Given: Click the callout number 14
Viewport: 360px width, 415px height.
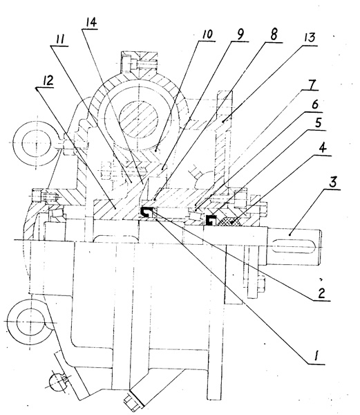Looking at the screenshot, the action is pyautogui.click(x=89, y=23).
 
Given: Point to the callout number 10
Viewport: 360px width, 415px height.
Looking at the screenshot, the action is pyautogui.click(x=207, y=34).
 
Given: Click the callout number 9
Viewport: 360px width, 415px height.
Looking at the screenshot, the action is pyautogui.click(x=240, y=35).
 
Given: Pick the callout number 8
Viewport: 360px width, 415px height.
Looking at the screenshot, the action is pyautogui.click(x=274, y=35).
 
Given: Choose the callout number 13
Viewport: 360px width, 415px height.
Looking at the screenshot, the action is pyautogui.click(x=310, y=37).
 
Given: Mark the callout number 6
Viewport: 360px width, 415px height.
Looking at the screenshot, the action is pyautogui.click(x=315, y=105).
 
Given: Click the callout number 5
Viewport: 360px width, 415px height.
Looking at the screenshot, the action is pyautogui.click(x=318, y=123).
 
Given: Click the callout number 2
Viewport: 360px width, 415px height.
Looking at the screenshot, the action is pyautogui.click(x=321, y=293).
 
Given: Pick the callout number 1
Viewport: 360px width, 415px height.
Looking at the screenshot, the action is pyautogui.click(x=316, y=356).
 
